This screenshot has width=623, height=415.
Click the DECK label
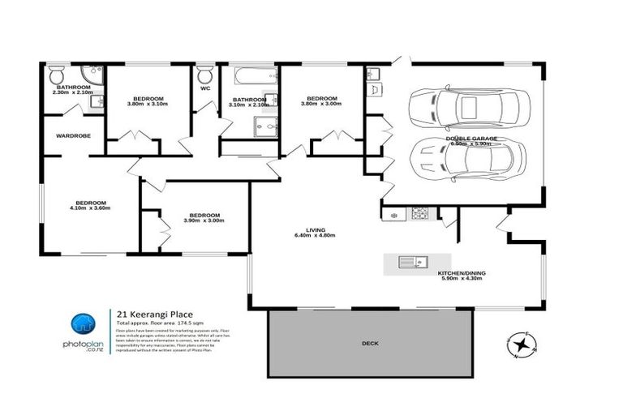coord(369,344)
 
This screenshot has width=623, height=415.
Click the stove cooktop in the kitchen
coord(421,214)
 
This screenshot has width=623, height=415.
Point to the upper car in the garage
coord(470,105)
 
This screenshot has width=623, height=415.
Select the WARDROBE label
coord(72,136)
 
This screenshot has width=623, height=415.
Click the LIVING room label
coord(316,229)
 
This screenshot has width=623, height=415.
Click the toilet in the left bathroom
coord(56,75)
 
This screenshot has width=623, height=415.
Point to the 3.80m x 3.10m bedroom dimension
coord(148,104)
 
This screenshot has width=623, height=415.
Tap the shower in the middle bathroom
coord(264,125)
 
